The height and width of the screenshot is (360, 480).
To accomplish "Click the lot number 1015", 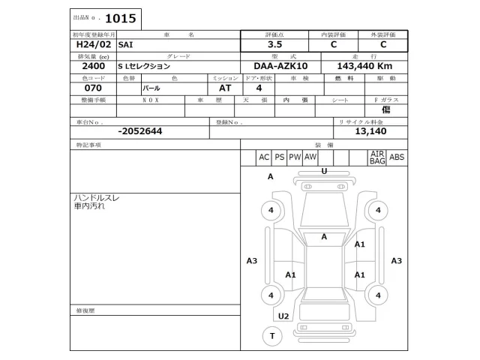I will [121, 19].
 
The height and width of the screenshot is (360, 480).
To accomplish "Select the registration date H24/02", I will [90, 44].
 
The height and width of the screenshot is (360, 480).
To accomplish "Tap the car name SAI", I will [127, 44].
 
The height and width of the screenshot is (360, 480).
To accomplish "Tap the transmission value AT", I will [224, 88].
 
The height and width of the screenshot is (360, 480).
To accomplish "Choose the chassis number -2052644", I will [139, 131].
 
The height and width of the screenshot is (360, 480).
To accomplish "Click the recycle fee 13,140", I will [370, 131].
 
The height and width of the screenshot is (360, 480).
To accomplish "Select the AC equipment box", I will [264, 157].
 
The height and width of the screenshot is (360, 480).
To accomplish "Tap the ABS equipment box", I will [397, 157].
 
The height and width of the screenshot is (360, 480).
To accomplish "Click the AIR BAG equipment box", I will [376, 157].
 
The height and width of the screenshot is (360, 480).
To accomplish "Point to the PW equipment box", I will [295, 157].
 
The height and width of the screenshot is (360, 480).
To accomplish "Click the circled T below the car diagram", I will [271, 336].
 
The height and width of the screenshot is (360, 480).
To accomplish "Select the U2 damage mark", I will [283, 316].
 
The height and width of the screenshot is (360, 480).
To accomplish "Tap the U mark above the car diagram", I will [324, 171].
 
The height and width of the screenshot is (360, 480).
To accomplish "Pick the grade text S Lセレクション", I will [148, 66].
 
